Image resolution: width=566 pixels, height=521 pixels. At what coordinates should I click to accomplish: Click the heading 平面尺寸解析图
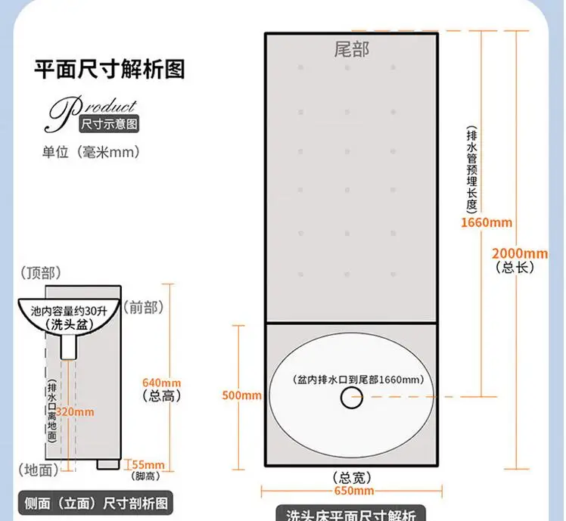[110, 70]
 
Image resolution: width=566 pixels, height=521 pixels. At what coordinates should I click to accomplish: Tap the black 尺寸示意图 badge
[110, 122]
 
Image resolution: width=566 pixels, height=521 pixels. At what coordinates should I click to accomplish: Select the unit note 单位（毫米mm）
[92, 152]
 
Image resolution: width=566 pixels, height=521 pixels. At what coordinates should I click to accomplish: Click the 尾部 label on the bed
[352, 51]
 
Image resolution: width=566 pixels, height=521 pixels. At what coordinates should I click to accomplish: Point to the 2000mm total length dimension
[520, 253]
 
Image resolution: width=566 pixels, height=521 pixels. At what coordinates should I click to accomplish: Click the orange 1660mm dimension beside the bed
[487, 222]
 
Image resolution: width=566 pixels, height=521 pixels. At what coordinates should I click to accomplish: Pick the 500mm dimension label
[242, 395]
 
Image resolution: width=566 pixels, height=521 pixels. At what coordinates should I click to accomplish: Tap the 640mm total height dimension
[161, 382]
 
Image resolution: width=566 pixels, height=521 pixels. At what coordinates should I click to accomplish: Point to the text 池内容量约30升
[69, 311]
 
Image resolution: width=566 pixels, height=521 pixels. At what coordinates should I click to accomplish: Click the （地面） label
[36, 470]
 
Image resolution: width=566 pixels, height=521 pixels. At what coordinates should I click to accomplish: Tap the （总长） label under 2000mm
[515, 267]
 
